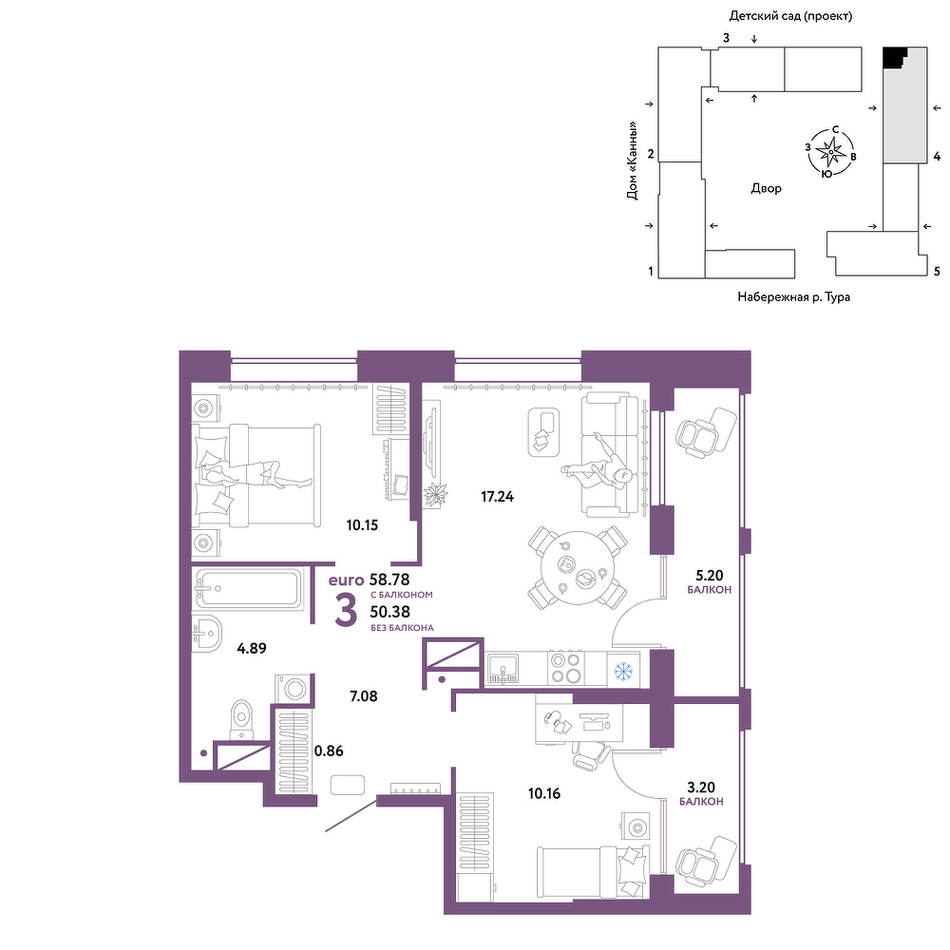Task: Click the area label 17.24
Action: click(497, 497)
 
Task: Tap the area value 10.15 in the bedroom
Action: click(362, 525)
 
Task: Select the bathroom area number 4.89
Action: click(252, 648)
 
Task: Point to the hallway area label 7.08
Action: click(364, 696)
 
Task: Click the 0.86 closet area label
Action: click(329, 750)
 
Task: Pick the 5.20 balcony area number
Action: click(710, 575)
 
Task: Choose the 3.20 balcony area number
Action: click(701, 787)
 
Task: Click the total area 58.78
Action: click(389, 579)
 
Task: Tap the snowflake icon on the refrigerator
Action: click(623, 671)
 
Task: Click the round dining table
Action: click(578, 568)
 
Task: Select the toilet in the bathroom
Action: click(241, 720)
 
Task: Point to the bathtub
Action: click(247, 588)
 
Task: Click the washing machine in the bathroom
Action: click(294, 689)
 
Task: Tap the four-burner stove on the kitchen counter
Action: click(565, 668)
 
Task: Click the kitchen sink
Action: click(503, 668)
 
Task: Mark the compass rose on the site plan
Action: click(830, 151)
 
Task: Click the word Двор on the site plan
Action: click(766, 188)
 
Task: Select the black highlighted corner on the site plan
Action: click(894, 57)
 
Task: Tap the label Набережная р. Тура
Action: click(793, 296)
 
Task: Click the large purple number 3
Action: click(346, 610)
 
